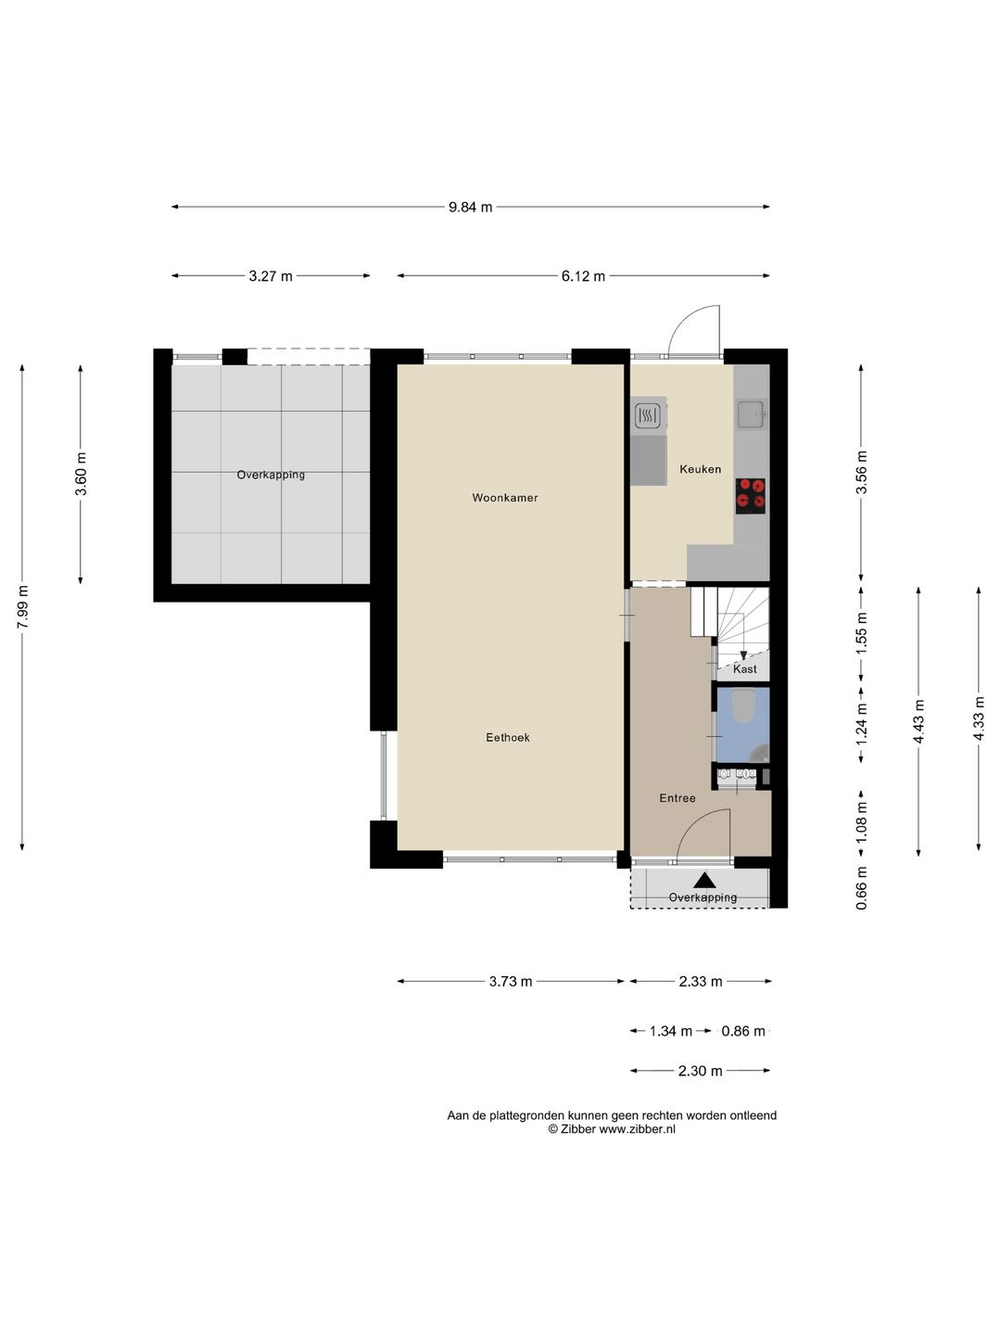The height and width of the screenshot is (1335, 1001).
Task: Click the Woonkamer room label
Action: pyautogui.click(x=504, y=498)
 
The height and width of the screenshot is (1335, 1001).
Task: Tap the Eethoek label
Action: pyautogui.click(x=508, y=737)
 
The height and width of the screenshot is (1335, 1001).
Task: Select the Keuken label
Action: pyautogui.click(x=700, y=469)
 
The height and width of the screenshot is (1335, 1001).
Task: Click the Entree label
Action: pyautogui.click(x=677, y=798)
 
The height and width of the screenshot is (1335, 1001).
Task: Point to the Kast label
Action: pyautogui.click(x=744, y=669)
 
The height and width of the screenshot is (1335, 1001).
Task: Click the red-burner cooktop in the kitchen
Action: pyautogui.click(x=750, y=496)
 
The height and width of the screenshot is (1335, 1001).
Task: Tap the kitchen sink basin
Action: pyautogui.click(x=751, y=413)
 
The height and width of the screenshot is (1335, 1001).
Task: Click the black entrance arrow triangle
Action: pyautogui.click(x=705, y=880)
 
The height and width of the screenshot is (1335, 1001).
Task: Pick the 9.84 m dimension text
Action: pyautogui.click(x=470, y=207)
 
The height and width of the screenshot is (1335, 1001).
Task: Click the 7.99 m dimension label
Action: pyautogui.click(x=22, y=607)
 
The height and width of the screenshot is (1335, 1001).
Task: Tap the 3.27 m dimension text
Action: pyautogui.click(x=271, y=276)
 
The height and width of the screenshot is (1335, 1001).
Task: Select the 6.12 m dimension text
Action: pyautogui.click(x=583, y=276)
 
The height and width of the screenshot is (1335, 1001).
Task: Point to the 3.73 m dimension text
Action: pyautogui.click(x=511, y=981)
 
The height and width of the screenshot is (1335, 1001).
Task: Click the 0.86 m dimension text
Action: pyautogui.click(x=743, y=1031)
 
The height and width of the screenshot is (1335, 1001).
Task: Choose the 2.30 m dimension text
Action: pyautogui.click(x=700, y=1071)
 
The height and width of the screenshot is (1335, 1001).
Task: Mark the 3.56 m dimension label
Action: pyautogui.click(x=862, y=473)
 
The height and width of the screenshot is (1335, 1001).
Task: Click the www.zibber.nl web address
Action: pyautogui.click(x=637, y=1129)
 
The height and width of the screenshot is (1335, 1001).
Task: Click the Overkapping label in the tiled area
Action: pyautogui.click(x=271, y=475)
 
